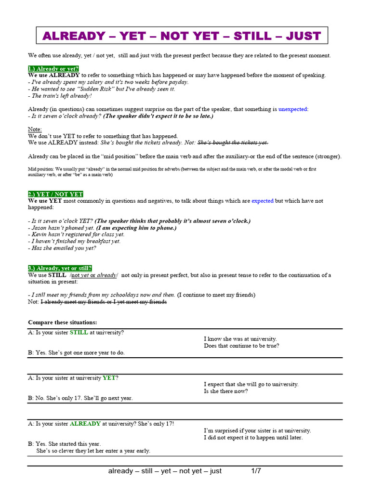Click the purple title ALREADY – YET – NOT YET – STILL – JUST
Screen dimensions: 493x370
[182, 36]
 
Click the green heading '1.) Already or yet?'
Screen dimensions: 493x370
[53, 69]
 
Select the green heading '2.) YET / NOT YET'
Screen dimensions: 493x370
[55, 194]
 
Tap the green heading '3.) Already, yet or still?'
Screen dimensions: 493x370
[60, 268]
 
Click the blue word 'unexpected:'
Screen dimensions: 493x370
[293, 109]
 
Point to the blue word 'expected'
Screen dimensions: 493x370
[263, 201]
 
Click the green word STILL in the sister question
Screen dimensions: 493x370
[79, 332]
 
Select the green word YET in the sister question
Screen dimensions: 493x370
[109, 378]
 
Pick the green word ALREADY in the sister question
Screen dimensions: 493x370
[85, 424]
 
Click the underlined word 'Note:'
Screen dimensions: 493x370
[35, 130]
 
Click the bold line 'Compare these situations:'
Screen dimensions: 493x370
[62, 322]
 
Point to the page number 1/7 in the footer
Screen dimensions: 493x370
[256, 471]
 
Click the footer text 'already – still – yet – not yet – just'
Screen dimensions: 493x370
[165, 471]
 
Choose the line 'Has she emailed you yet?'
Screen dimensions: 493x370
[62, 248]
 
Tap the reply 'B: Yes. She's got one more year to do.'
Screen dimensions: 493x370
[76, 353]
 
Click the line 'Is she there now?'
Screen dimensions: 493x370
[226, 391]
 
